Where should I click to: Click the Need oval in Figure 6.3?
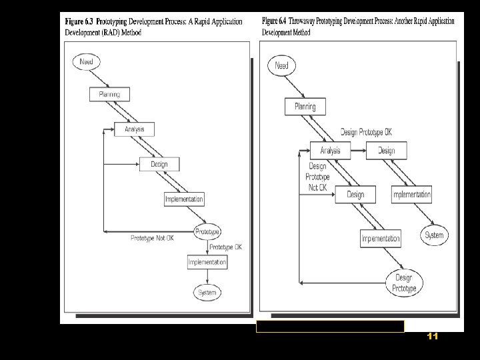(x=85, y=62)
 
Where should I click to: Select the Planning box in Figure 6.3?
(x=109, y=95)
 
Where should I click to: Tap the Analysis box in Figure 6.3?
(x=134, y=129)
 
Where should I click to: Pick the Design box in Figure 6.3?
(x=159, y=164)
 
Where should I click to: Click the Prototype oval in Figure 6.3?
(x=207, y=231)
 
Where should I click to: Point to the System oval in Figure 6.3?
(x=207, y=292)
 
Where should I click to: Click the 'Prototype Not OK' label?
(x=152, y=237)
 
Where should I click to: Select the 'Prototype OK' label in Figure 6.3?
(x=226, y=247)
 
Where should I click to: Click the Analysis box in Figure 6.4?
(x=330, y=151)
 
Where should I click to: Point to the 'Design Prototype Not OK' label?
(x=317, y=177)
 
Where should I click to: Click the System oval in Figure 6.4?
(x=434, y=235)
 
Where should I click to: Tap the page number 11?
(x=432, y=337)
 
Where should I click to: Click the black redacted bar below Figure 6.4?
(x=330, y=326)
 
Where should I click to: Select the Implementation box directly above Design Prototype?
(x=381, y=238)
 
